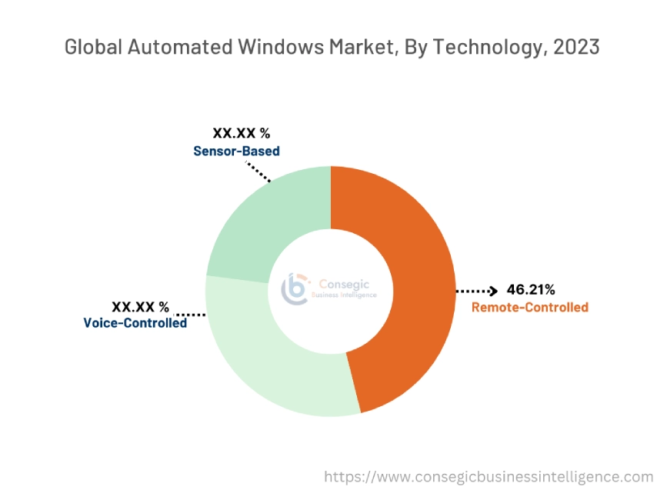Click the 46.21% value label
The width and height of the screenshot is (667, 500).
pos(531,290)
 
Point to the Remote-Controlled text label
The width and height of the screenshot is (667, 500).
pos(529,308)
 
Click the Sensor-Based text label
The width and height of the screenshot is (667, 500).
pos(236,151)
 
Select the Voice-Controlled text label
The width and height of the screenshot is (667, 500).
pos(135,323)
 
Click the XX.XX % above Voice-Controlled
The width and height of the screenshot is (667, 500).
pos(140,306)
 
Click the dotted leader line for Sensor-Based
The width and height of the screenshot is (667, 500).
pos(258,170)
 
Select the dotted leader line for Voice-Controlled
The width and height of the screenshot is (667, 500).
pos(192,314)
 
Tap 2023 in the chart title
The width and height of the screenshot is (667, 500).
pos(573,47)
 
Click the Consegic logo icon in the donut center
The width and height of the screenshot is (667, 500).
pos(295,288)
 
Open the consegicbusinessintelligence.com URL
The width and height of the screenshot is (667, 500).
pos(489,477)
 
